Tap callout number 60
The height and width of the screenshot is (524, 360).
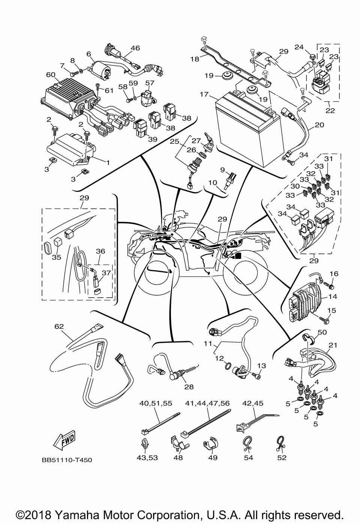pyautogui.click(x=51, y=75)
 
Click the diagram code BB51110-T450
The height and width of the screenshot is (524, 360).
pyautogui.click(x=67, y=460)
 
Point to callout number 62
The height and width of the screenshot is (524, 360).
pyautogui.click(x=59, y=326)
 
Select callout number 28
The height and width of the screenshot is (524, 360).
pyautogui.click(x=189, y=387)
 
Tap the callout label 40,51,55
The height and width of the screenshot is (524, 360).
pyautogui.click(x=156, y=403)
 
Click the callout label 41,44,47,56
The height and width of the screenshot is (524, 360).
pyautogui.click(x=207, y=403)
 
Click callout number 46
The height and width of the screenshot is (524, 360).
pyautogui.click(x=135, y=48)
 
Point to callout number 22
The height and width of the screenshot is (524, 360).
pyautogui.click(x=330, y=110)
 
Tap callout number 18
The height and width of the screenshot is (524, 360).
pyautogui.click(x=195, y=59)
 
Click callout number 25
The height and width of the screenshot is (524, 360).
pyautogui.click(x=174, y=142)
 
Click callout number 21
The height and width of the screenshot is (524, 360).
pyautogui.click(x=333, y=345)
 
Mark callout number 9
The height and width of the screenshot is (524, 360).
pyautogui.click(x=222, y=169)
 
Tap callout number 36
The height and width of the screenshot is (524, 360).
pyautogui.click(x=100, y=251)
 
